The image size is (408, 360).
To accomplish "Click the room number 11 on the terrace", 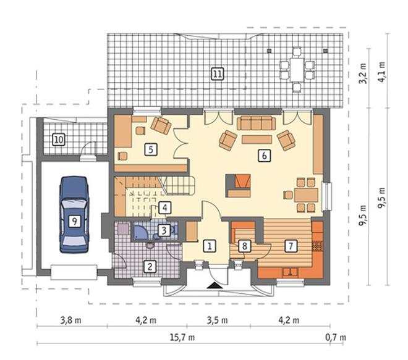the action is click(x=217, y=74).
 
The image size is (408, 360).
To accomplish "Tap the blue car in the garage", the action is click(x=74, y=215).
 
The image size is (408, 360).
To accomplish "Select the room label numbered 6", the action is click(x=264, y=156).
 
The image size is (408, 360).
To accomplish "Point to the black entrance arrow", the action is click(x=215, y=285).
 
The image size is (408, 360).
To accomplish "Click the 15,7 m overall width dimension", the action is click(x=182, y=337).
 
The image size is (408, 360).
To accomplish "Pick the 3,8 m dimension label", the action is click(x=70, y=320).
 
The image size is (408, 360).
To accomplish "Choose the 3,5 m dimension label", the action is click(x=217, y=320).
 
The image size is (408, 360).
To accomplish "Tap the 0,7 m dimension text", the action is click(x=336, y=337).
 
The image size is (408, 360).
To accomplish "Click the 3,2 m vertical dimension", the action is click(x=363, y=73).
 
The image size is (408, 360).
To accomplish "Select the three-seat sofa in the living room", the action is click(x=257, y=123).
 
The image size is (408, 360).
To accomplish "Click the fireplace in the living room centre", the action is click(x=238, y=186).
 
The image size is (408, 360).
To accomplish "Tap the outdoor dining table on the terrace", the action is click(x=297, y=69).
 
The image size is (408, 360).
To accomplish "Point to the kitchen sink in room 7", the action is click(x=291, y=272).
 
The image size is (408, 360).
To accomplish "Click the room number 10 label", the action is click(x=59, y=140).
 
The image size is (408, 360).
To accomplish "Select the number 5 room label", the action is click(x=151, y=149).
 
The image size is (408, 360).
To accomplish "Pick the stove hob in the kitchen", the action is click(x=317, y=246).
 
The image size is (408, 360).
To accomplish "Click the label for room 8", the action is click(x=244, y=246).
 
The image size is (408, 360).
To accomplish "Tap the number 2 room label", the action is click(x=150, y=266).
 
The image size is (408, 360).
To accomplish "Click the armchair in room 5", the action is click(x=161, y=125).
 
